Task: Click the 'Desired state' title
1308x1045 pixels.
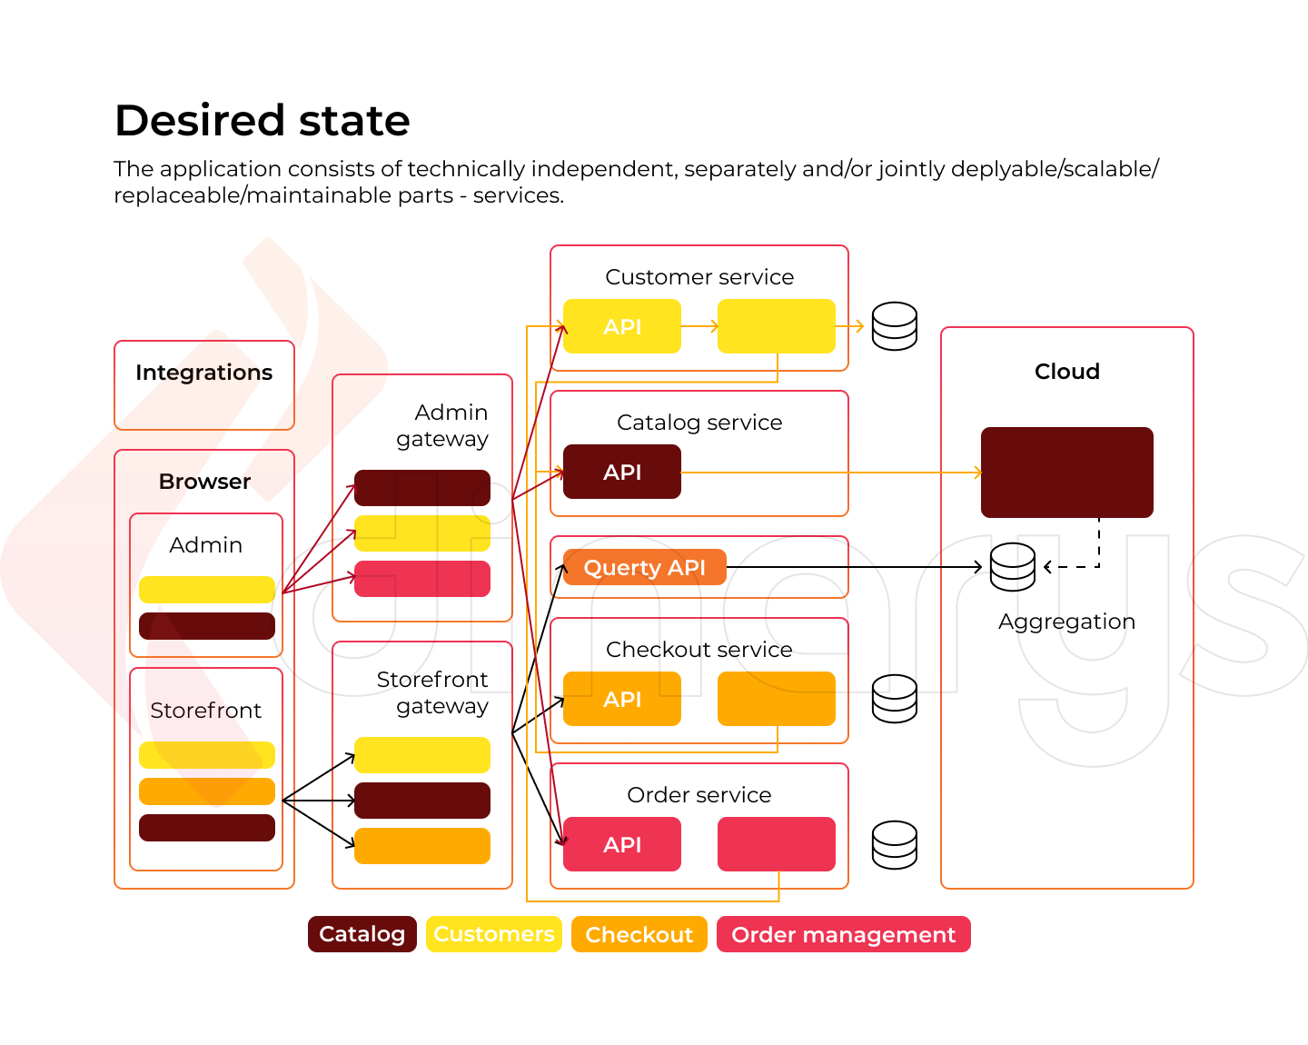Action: coord(262,120)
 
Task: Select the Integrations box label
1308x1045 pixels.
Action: coord(203,373)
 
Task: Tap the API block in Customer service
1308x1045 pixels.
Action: coord(621,326)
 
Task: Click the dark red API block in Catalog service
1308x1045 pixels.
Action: coord(621,472)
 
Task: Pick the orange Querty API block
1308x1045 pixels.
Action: coord(644,567)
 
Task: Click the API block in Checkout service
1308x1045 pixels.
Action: coord(621,699)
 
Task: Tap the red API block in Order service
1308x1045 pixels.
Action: coord(621,844)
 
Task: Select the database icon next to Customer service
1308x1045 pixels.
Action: coord(894,326)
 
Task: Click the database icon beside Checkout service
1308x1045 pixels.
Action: coord(894,699)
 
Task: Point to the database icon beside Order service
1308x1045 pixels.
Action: coord(894,845)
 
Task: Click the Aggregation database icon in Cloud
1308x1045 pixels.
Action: coord(1012,567)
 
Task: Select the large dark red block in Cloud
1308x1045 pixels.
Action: coord(1066,473)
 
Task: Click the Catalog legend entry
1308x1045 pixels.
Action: coord(362,934)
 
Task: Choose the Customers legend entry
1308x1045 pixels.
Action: coord(493,934)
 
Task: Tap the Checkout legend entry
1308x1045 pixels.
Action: coord(639,934)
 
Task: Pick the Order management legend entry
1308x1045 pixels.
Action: coord(843,934)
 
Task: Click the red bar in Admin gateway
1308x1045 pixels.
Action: coord(421,579)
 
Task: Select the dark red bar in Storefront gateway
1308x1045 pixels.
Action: coord(421,801)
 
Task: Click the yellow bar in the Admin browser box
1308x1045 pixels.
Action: coord(206,590)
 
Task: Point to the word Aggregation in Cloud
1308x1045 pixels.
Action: coord(1066,622)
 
